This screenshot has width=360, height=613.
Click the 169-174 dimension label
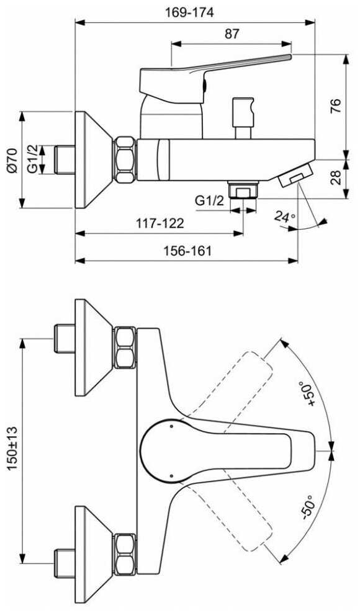click(189, 12)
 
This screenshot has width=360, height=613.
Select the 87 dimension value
click(232, 34)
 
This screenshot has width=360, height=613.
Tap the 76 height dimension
click(336, 106)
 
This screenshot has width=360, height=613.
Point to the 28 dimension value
click(336, 177)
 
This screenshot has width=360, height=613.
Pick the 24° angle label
click(284, 217)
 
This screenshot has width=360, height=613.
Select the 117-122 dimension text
click(160, 223)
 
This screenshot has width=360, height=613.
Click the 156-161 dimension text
click(187, 251)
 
